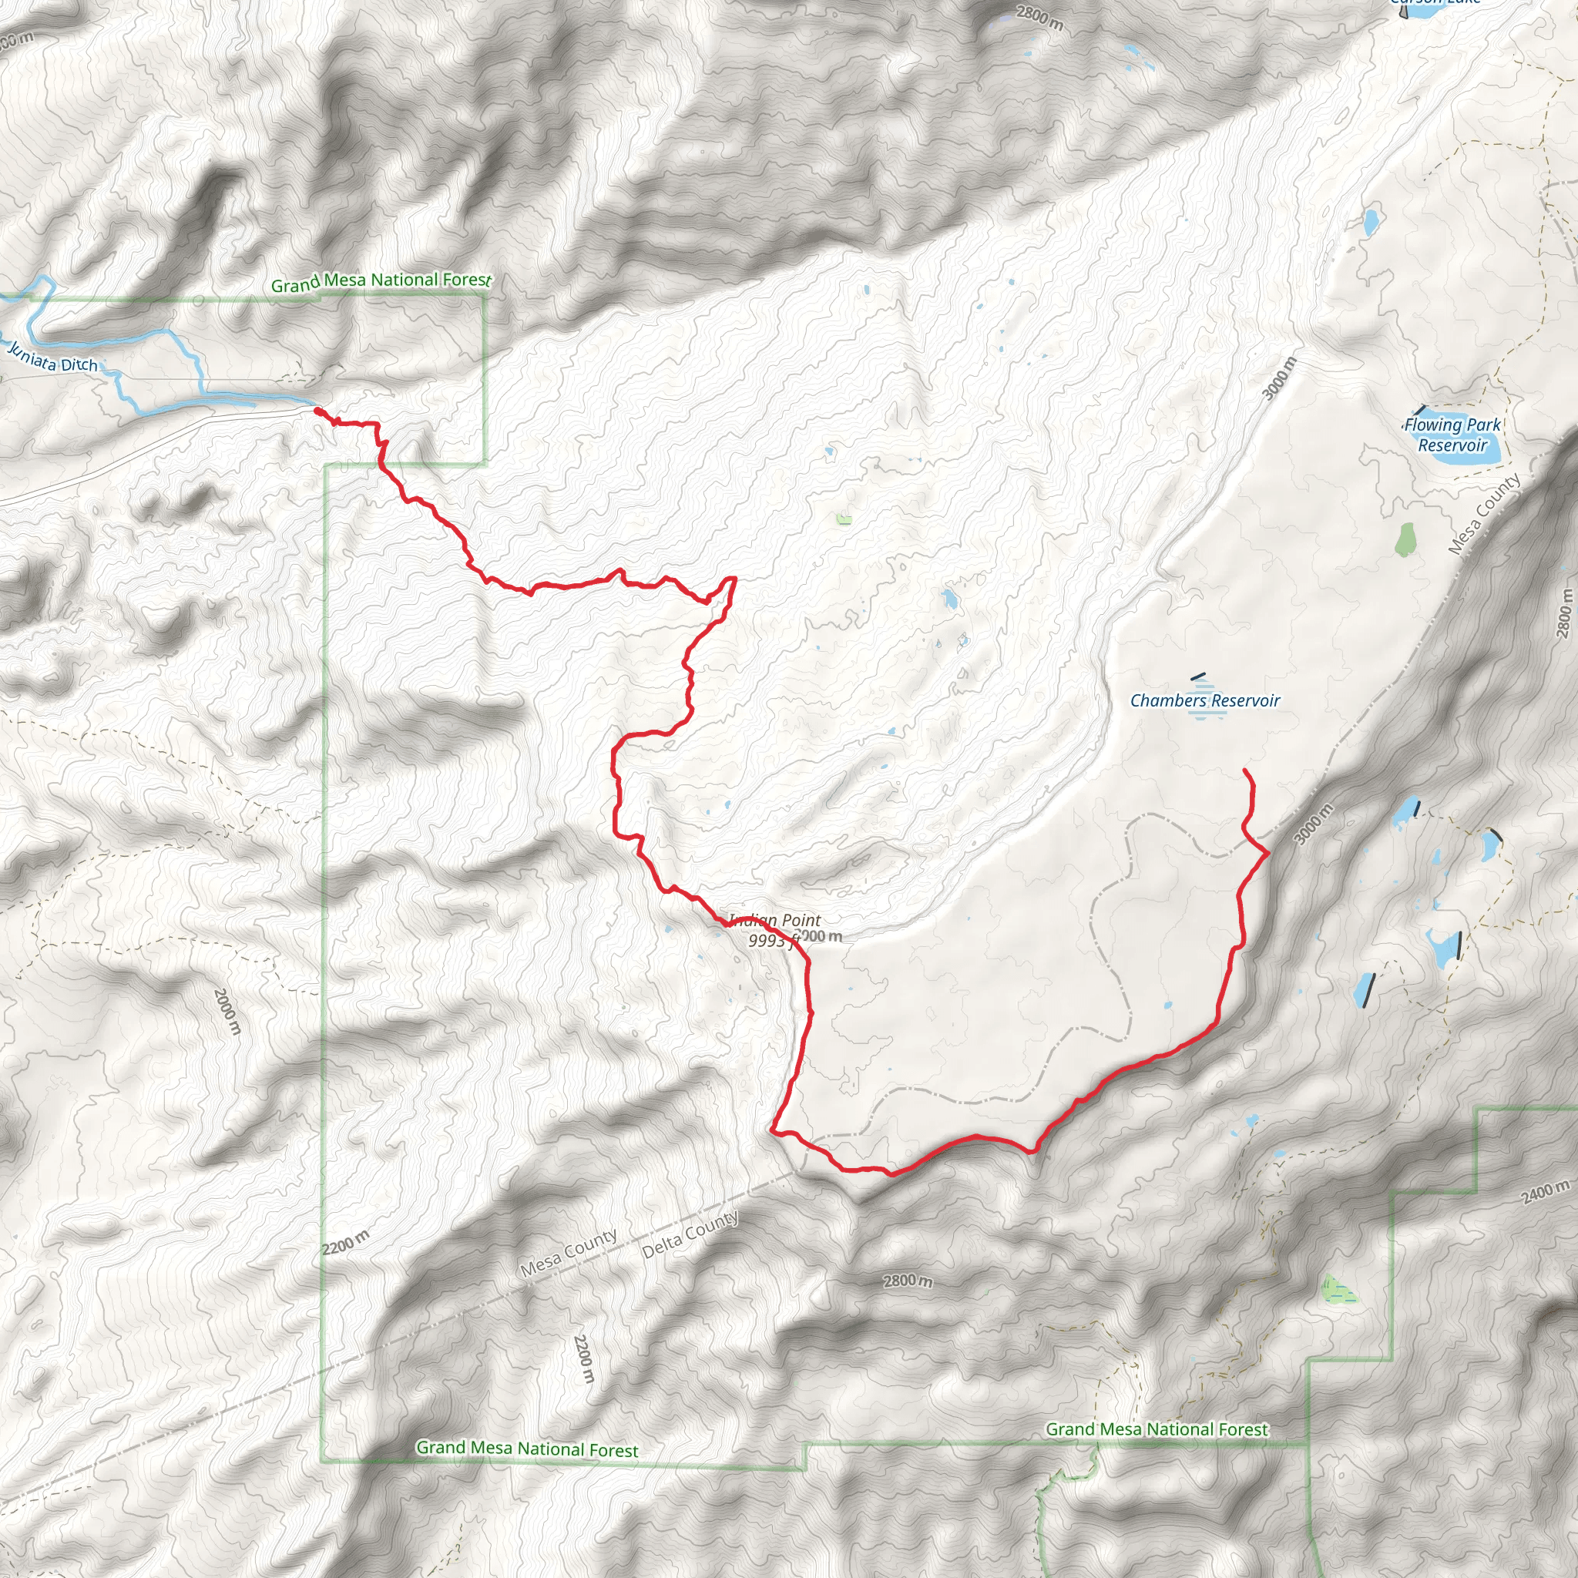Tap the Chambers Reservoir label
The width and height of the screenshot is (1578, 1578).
point(1205,701)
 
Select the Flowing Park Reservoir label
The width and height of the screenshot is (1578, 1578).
point(1452,435)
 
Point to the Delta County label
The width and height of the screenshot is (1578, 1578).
point(690,1234)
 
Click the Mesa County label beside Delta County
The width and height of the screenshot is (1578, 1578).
point(569,1253)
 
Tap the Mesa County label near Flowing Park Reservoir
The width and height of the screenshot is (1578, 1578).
point(1484,514)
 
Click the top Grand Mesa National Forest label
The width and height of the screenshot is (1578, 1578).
point(381,282)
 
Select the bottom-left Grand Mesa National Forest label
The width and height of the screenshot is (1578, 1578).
point(528,1448)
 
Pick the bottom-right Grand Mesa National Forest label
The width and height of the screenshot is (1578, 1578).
point(1157,1429)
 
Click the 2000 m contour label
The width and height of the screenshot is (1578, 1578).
point(227,1011)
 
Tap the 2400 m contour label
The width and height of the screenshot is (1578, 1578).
point(1546,1192)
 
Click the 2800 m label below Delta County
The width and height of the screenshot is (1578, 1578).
point(908,1281)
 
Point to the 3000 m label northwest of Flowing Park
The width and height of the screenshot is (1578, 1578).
point(1279,378)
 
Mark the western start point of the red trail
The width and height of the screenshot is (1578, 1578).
point(317,411)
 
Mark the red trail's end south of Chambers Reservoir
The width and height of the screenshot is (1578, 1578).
point(1245,771)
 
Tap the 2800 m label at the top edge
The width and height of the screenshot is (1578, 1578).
point(1039,18)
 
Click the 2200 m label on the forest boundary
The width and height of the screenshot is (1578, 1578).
point(345,1242)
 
